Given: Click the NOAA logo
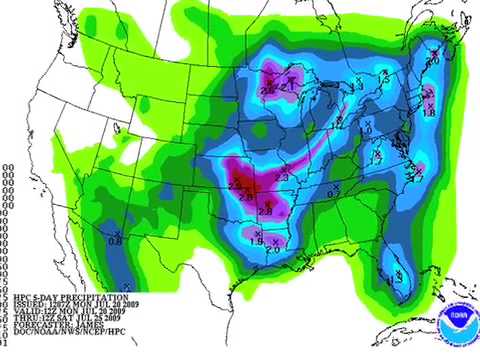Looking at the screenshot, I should tap(451, 327).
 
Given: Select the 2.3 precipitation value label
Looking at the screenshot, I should tap(281, 177).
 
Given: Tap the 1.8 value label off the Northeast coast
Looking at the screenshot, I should tap(429, 113).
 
